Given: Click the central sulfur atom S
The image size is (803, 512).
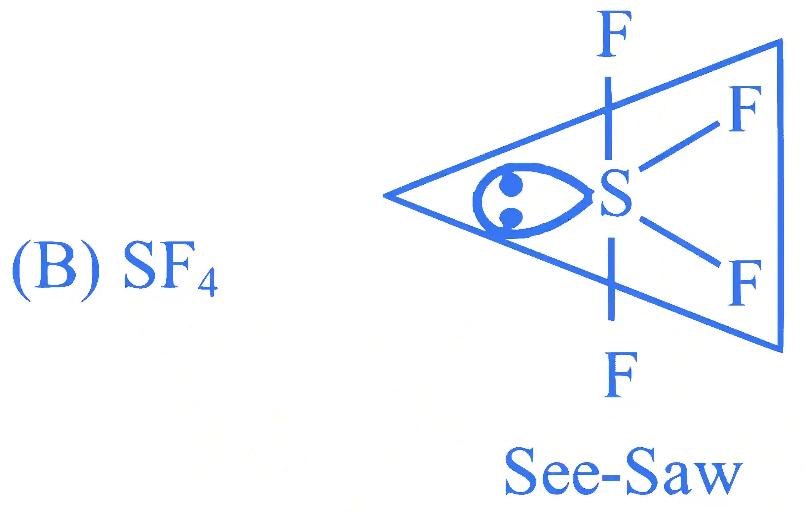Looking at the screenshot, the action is (x=616, y=193).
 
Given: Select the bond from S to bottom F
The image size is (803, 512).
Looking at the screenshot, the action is (x=611, y=279).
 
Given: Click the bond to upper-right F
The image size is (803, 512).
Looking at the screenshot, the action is (x=679, y=146).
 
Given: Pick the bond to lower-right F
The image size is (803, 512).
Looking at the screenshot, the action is (x=680, y=242).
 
